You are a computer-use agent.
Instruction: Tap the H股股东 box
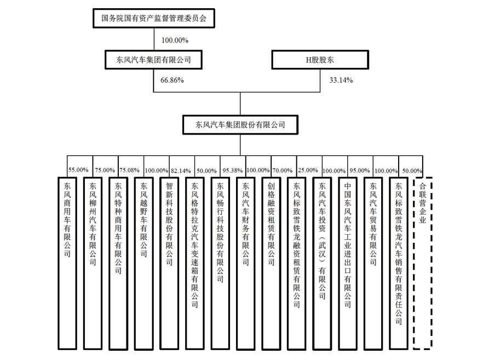pyautogui.click(x=320, y=60)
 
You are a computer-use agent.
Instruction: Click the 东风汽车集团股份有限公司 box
pyautogui.click(x=240, y=125)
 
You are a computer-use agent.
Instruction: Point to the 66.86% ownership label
pyautogui.click(x=172, y=80)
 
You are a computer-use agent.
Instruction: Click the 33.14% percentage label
pyautogui.click(x=341, y=80)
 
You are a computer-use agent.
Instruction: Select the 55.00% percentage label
pyautogui.click(x=78, y=170)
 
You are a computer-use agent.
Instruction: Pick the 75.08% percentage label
pyautogui.click(x=129, y=170)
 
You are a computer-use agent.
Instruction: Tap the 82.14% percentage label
pyautogui.click(x=180, y=170)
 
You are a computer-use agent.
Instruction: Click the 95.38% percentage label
pyautogui.click(x=232, y=170)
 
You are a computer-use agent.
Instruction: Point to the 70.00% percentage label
pyautogui.click(x=283, y=170)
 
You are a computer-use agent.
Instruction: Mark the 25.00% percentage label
pyautogui.click(x=308, y=170)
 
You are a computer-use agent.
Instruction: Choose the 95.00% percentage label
pyautogui.click(x=359, y=170)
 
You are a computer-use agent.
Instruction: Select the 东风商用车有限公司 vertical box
pyautogui.click(x=67, y=262)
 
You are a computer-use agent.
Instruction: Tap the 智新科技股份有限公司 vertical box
pyautogui.click(x=169, y=262)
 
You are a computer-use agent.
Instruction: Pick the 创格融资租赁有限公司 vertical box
pyautogui.click(x=271, y=262)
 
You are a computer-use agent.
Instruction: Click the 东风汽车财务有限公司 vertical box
pyautogui.click(x=245, y=262)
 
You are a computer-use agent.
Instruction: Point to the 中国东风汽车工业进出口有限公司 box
pyautogui.click(x=348, y=262)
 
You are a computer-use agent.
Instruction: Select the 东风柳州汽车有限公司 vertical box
pyautogui.click(x=92, y=262)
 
